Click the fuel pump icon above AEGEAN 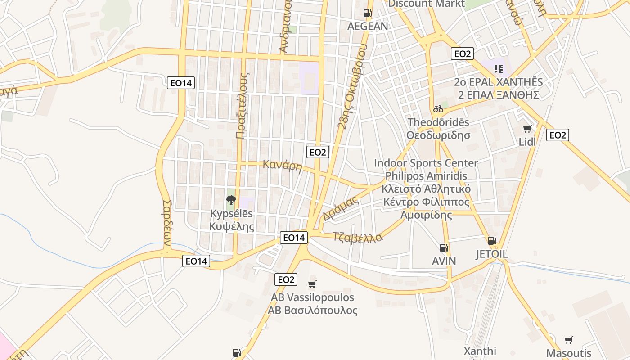pyautogui.click(x=367, y=13)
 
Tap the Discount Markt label pyautogui.click(x=426, y=4)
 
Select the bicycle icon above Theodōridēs pyautogui.click(x=438, y=109)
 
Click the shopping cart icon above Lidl pyautogui.click(x=527, y=129)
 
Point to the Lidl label pyautogui.click(x=527, y=142)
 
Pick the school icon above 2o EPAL pyautogui.click(x=498, y=69)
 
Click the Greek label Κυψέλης pyautogui.click(x=232, y=226)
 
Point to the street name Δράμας pyautogui.click(x=341, y=209)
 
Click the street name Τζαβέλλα pyautogui.click(x=358, y=237)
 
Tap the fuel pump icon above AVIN pyautogui.click(x=444, y=248)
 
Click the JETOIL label pyautogui.click(x=492, y=254)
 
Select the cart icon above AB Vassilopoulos pyautogui.click(x=312, y=284)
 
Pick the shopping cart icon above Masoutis pyautogui.click(x=569, y=340)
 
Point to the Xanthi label pyautogui.click(x=480, y=351)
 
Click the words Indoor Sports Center pyautogui.click(x=426, y=163)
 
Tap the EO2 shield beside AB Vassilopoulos pyautogui.click(x=286, y=279)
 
